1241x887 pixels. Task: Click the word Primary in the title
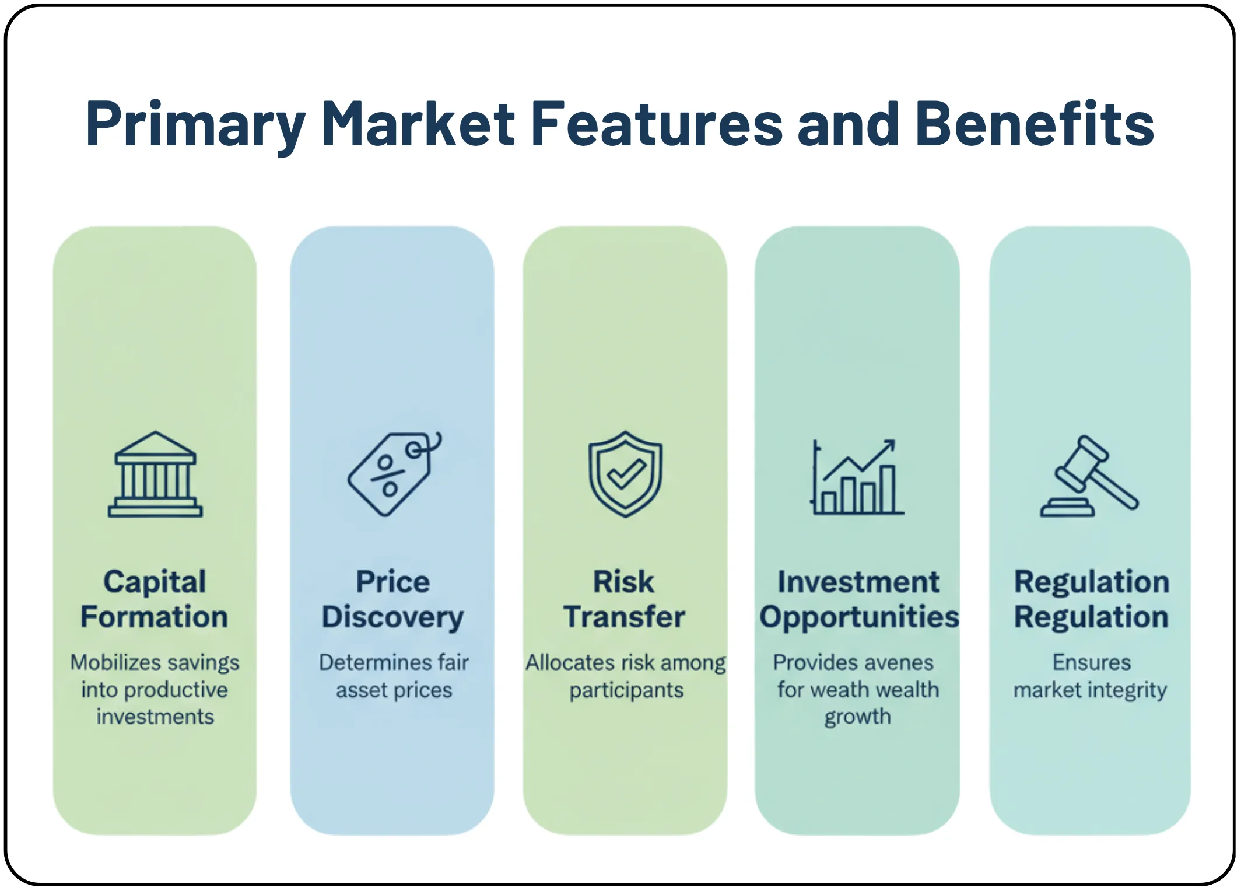pyautogui.click(x=195, y=124)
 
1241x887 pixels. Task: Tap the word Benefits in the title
pyautogui.click(x=1034, y=123)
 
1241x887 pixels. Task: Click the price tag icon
pyautogui.click(x=394, y=474)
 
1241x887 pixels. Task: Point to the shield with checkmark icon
pyautogui.click(x=625, y=474)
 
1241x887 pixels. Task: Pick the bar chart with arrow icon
pyautogui.click(x=857, y=477)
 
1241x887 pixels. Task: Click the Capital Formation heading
pyautogui.click(x=155, y=599)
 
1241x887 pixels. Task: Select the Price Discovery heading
pyautogui.click(x=393, y=599)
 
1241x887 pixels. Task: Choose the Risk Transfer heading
pyautogui.click(x=624, y=599)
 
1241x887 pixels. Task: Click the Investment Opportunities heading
pyautogui.click(x=858, y=599)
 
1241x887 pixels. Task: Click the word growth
pyautogui.click(x=857, y=717)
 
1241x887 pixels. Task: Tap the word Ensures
pyautogui.click(x=1091, y=663)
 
